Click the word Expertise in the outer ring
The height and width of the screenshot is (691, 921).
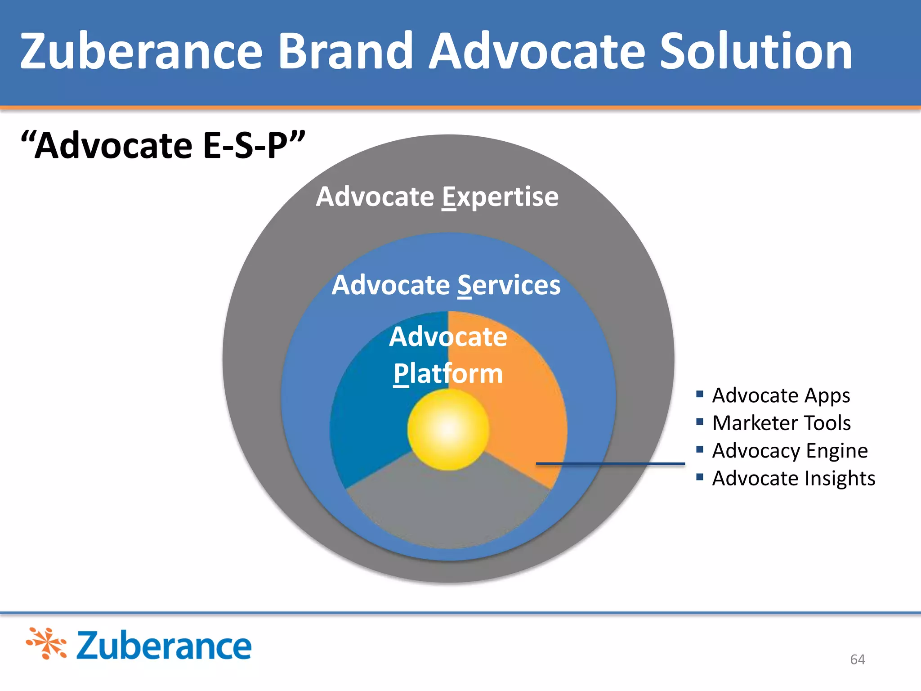[x=500, y=197]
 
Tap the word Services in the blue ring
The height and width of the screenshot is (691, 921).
[x=509, y=285]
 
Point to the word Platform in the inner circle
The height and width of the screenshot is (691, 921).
[x=448, y=374]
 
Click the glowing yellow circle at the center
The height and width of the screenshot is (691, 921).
[x=448, y=430]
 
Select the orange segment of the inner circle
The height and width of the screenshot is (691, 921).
[x=526, y=405]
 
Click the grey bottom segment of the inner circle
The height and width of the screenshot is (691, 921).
[x=448, y=508]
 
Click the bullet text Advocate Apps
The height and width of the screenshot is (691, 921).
[x=781, y=395]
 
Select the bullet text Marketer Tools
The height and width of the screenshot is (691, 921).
[x=782, y=423]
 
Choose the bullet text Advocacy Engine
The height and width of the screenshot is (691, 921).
[x=790, y=451]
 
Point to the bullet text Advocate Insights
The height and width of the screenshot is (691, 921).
[x=794, y=478]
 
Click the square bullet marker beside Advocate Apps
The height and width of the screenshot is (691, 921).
[x=699, y=395]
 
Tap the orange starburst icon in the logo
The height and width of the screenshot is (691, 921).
[x=47, y=643]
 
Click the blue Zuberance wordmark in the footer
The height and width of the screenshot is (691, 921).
[x=164, y=646]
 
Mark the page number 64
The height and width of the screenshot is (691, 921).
[x=857, y=660]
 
